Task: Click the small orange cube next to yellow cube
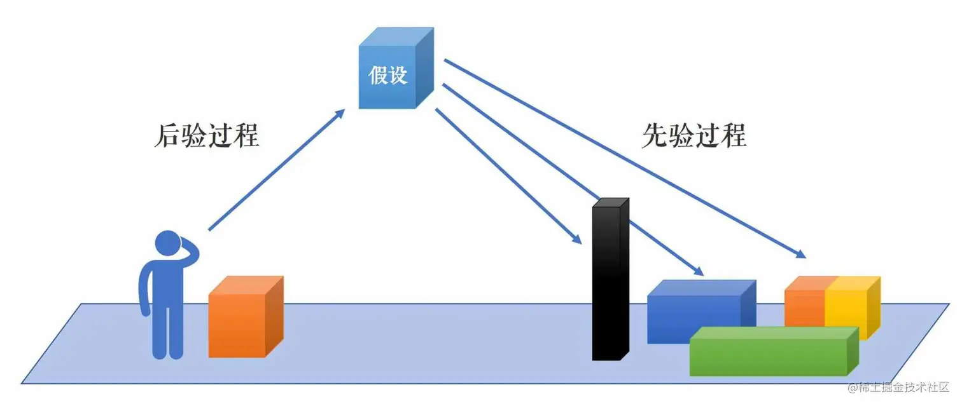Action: (x=804, y=304)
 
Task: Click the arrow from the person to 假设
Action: (x=274, y=172)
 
